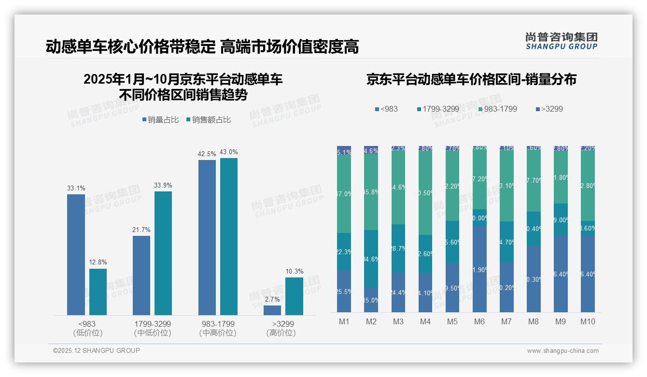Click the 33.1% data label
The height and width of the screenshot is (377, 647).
(76, 188)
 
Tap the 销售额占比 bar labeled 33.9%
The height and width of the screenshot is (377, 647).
(163, 253)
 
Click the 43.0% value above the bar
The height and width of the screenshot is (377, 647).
(228, 152)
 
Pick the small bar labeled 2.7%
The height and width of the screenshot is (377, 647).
(272, 310)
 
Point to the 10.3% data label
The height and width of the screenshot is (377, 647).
(294, 271)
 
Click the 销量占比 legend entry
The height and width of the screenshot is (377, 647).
(162, 120)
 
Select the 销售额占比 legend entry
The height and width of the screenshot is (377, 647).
(208, 120)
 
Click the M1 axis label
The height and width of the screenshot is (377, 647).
(344, 321)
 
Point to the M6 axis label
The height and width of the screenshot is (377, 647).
(479, 321)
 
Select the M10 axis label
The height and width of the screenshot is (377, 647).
(588, 321)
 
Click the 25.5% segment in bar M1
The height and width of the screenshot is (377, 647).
(344, 291)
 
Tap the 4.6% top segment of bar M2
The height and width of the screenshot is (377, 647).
(371, 150)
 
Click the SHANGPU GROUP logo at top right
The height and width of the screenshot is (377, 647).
(561, 41)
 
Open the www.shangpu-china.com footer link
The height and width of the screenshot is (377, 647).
(563, 351)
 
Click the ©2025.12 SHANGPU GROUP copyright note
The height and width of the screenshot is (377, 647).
(97, 350)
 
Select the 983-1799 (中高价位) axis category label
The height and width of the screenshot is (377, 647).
(218, 328)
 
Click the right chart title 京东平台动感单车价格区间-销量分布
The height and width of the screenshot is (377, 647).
(471, 80)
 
